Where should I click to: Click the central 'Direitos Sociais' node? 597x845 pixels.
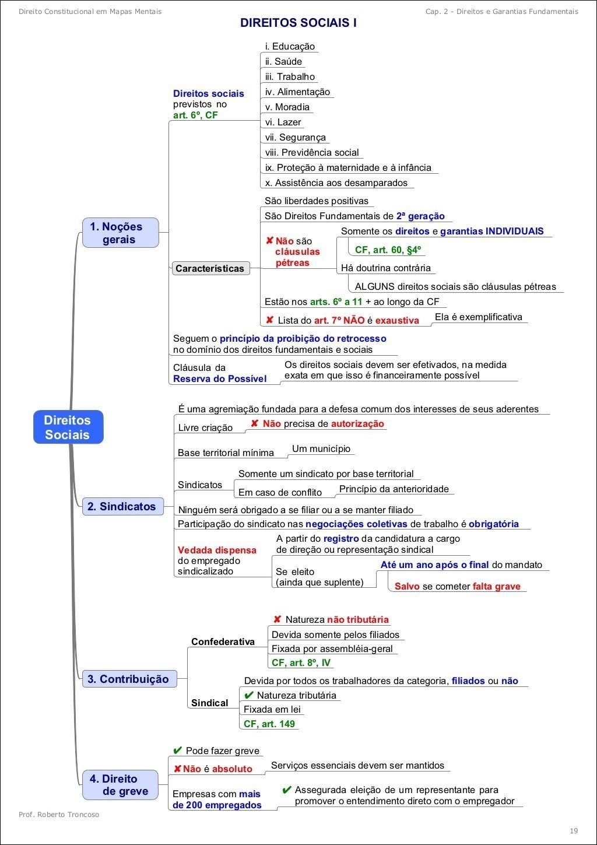pos(68,427)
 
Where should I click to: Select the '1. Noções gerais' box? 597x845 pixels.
pos(120,233)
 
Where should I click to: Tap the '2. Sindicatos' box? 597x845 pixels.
pos(122,506)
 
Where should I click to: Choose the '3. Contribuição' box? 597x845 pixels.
pos(128,679)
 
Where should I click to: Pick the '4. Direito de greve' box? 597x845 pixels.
pos(120,785)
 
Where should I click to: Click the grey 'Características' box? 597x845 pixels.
pos(210,268)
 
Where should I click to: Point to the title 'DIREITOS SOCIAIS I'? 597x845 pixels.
pos(298,23)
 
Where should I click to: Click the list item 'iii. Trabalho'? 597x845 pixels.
pos(290,76)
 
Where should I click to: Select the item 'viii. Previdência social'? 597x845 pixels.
pos(312,152)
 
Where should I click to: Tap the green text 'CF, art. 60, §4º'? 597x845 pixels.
pos(388,250)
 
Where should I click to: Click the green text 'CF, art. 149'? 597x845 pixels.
pos(269,724)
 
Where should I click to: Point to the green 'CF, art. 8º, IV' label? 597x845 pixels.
pos(301,662)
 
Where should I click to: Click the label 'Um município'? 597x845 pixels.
pos(321,448)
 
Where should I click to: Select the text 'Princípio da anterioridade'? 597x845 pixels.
pos(394,489)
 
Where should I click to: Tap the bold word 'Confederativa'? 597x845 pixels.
pos(223,641)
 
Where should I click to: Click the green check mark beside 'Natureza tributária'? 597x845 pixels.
pos(248,695)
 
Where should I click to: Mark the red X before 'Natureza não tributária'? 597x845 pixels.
pos(277,619)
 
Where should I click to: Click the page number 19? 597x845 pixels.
pos(574,830)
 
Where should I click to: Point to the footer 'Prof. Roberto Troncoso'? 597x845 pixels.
pos(59,814)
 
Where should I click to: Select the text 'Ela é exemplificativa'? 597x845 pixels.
pos(479,317)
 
